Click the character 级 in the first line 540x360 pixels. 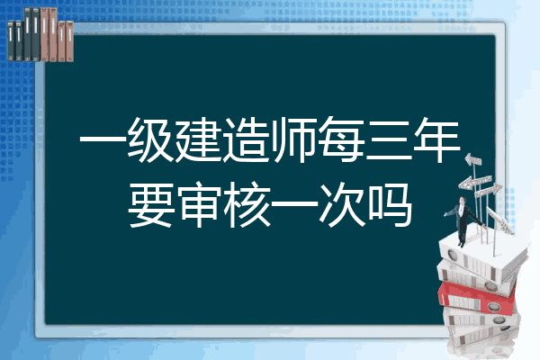[150, 139]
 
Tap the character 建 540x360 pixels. [198, 139]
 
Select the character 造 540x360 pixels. [246, 139]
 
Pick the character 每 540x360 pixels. [341, 139]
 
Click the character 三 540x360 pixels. [389, 140]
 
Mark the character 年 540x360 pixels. [436, 139]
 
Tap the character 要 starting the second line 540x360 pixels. [150, 205]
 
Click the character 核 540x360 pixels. [247, 205]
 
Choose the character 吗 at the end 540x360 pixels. [390, 205]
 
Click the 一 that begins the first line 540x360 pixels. [103, 140]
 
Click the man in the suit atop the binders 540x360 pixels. [463, 221]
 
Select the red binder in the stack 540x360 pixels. [476, 298]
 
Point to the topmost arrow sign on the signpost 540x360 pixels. [473, 159]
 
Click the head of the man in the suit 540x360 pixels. [462, 200]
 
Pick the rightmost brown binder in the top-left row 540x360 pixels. [70, 41]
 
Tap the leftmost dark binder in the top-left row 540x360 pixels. [11, 40]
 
